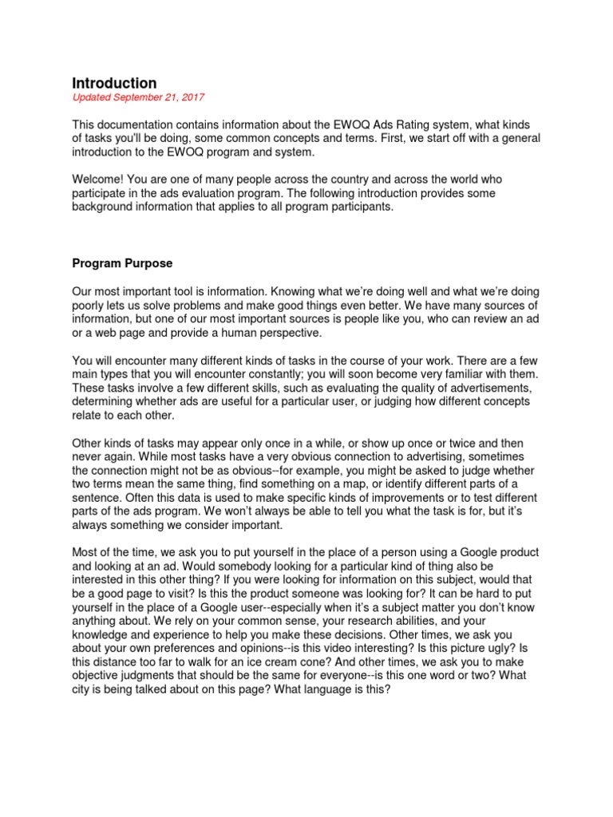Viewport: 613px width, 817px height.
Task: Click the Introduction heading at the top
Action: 114,83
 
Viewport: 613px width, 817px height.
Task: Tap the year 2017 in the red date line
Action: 192,97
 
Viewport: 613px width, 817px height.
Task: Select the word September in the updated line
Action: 140,97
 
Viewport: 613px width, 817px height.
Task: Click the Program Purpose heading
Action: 128,262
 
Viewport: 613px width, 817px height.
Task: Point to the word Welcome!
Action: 98,180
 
